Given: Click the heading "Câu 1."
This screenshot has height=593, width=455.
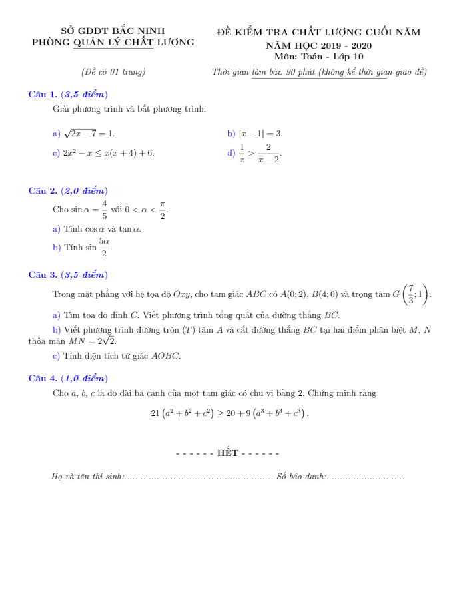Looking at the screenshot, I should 42,95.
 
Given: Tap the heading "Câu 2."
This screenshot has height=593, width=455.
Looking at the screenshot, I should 42,191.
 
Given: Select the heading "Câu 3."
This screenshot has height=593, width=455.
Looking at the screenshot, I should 42,274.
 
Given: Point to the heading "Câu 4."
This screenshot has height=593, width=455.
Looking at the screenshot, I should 42,377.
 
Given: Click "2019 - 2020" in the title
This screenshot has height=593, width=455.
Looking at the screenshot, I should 344,45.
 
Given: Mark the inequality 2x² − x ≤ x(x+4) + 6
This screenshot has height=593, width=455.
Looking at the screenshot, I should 108,153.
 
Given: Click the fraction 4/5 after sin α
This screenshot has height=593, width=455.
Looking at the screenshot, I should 105,210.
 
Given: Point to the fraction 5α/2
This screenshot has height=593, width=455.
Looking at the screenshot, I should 104,248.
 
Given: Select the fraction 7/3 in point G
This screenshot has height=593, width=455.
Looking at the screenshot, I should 412,294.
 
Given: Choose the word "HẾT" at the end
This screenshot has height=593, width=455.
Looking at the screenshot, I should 228,453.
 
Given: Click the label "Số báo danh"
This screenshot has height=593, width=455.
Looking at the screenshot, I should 300,477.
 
